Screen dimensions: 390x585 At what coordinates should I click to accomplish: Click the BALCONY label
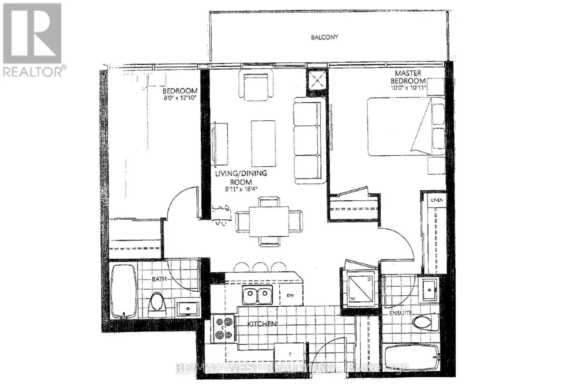[324, 37]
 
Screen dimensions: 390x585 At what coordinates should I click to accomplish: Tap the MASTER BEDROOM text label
[408, 77]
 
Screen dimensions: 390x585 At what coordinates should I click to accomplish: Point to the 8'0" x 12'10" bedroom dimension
[180, 98]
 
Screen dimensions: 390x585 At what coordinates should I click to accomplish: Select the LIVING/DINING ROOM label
[241, 177]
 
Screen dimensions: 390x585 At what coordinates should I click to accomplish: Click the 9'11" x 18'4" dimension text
[241, 189]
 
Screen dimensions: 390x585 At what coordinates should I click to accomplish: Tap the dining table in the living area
[269, 221]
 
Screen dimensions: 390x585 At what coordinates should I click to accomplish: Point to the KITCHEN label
[262, 324]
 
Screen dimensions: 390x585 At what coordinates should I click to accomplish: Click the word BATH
[159, 279]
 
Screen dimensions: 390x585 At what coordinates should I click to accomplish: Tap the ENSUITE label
[400, 313]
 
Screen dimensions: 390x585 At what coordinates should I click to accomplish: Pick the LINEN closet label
[437, 200]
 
